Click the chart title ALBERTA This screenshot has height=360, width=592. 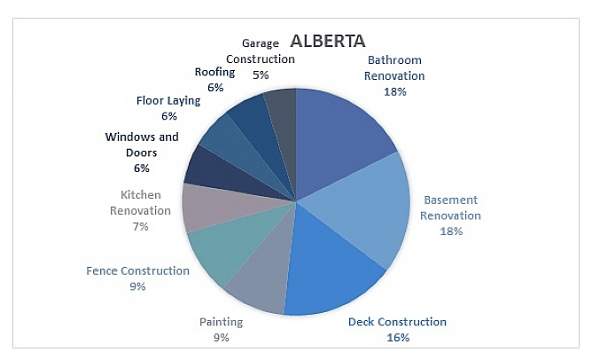[x=327, y=41]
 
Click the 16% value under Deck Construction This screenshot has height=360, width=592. [x=398, y=337]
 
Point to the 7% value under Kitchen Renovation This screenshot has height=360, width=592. [x=140, y=226]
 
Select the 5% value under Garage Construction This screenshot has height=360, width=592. [x=261, y=74]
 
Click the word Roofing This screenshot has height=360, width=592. [x=214, y=72]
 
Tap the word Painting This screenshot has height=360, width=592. [x=222, y=322]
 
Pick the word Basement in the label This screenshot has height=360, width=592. [x=451, y=200]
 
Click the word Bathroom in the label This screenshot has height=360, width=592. [x=394, y=59]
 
